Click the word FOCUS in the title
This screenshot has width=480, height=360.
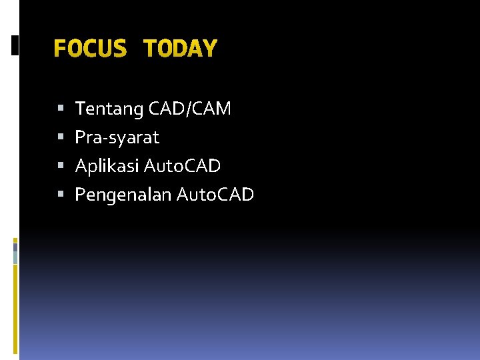[89, 49]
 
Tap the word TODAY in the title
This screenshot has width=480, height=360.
[180, 49]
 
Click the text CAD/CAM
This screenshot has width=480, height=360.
[190, 109]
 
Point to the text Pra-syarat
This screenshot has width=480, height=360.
[117, 138]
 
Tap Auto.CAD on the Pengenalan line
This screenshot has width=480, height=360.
[216, 195]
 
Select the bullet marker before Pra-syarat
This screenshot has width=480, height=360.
[61, 138]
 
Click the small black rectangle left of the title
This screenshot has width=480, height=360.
[15, 45]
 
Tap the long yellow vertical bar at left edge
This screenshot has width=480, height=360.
[15, 307]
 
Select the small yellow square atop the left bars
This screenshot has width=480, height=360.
[15, 239]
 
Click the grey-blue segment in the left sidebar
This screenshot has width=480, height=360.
[15, 253]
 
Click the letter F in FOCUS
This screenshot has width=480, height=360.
[60, 49]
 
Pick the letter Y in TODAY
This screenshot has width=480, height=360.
[210, 49]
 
